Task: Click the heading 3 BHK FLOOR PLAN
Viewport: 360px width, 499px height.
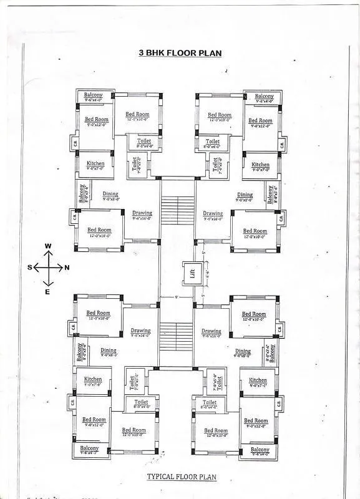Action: click(x=180, y=53)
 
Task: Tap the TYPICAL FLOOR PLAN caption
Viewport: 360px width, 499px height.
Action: click(x=181, y=477)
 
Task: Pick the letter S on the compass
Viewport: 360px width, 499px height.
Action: click(x=29, y=268)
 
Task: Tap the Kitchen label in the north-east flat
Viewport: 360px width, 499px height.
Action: click(x=258, y=380)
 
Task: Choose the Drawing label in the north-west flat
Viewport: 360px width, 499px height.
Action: click(x=212, y=214)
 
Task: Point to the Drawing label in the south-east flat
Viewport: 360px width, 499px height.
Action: click(x=140, y=331)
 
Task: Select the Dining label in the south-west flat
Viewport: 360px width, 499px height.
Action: click(x=110, y=194)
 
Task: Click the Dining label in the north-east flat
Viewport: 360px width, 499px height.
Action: click(x=243, y=352)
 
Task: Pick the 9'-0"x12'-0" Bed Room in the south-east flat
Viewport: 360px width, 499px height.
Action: click(x=94, y=420)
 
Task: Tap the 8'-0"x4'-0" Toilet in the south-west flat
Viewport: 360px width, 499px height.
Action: click(x=144, y=142)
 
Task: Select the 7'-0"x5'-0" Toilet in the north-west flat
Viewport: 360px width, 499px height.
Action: click(x=215, y=164)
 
